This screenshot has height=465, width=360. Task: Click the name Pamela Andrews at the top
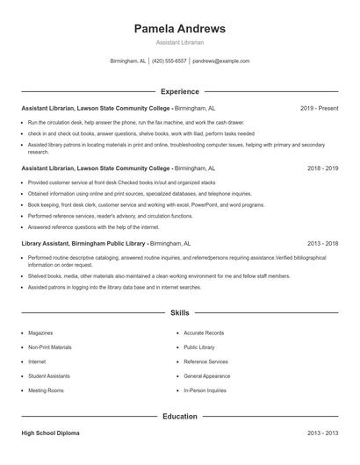pyautogui.click(x=179, y=28)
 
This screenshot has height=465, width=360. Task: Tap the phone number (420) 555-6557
pyautogui.click(x=169, y=61)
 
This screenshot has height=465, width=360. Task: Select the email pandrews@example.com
pyautogui.click(x=220, y=61)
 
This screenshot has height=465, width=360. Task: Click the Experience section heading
pyautogui.click(x=179, y=91)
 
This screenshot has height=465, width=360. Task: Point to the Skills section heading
pyautogui.click(x=179, y=312)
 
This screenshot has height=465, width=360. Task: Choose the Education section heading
pyautogui.click(x=179, y=416)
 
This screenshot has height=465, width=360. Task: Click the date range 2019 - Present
pyautogui.click(x=320, y=108)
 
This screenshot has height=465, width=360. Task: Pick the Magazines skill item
pyautogui.click(x=40, y=333)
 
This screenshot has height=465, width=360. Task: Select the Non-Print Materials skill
pyautogui.click(x=50, y=347)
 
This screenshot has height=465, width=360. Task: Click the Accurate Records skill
pyautogui.click(x=204, y=333)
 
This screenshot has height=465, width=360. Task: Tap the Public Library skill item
pyautogui.click(x=199, y=347)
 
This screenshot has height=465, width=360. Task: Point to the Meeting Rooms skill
pyautogui.click(x=46, y=390)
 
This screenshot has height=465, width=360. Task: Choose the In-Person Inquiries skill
pyautogui.click(x=205, y=390)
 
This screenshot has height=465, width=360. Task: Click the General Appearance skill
pyautogui.click(x=207, y=376)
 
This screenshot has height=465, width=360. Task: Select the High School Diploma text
pyautogui.click(x=51, y=433)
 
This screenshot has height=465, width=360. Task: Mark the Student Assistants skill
pyautogui.click(x=49, y=376)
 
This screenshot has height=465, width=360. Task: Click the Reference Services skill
pyautogui.click(x=205, y=361)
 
